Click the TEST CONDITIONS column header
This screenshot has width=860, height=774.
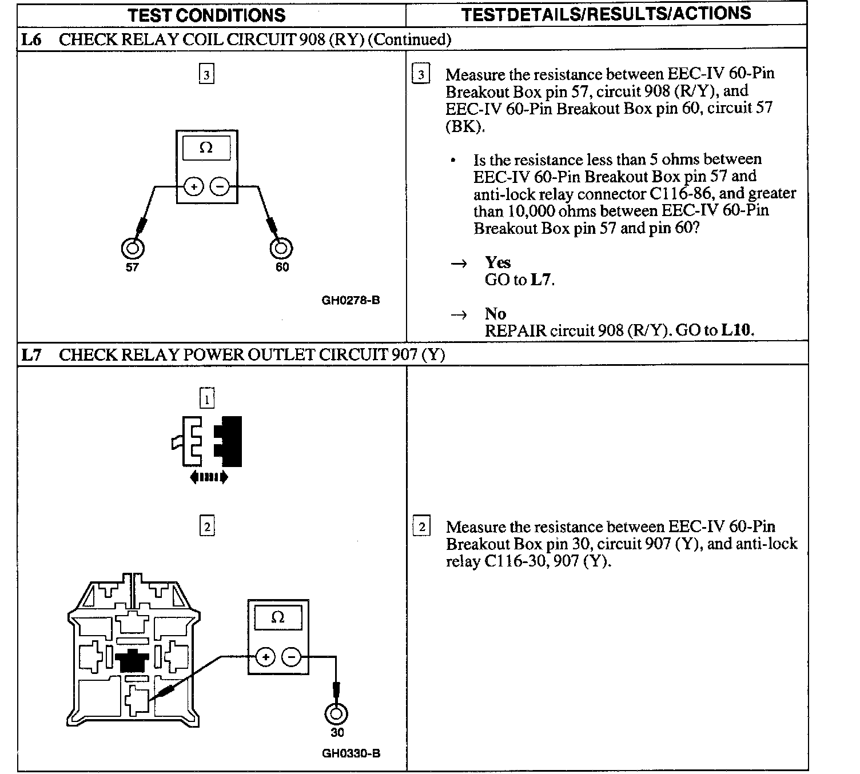click(206, 15)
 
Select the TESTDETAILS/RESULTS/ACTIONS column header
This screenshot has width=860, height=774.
click(606, 14)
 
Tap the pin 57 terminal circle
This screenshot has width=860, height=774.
click(133, 249)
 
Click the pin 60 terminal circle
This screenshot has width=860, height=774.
click(281, 249)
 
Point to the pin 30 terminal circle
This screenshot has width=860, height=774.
click(336, 714)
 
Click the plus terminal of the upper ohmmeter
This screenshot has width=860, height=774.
click(194, 186)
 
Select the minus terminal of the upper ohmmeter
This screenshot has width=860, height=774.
click(220, 186)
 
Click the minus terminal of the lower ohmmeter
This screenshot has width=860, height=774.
click(291, 657)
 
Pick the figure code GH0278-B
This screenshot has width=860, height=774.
click(351, 300)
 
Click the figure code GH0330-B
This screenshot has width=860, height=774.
click(351, 753)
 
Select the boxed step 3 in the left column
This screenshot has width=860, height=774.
click(206, 74)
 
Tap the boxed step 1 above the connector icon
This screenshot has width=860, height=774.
click(206, 398)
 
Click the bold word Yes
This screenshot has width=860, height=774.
click(497, 262)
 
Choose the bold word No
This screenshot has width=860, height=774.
click(495, 314)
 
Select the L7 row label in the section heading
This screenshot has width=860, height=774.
click(31, 355)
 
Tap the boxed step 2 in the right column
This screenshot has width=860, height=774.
click(421, 526)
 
